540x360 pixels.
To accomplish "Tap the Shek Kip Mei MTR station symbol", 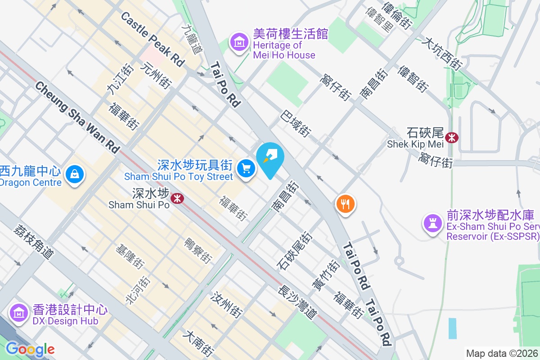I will click(x=451, y=137).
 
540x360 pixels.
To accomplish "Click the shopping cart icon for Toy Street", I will click(x=246, y=169).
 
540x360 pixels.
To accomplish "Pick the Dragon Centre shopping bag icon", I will click(x=75, y=174).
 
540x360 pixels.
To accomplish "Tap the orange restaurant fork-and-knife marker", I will click(x=345, y=204).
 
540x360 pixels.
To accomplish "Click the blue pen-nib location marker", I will click(x=270, y=157).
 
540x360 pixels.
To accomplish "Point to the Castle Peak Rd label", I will click(x=153, y=40).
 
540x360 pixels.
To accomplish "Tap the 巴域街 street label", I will click(x=296, y=123).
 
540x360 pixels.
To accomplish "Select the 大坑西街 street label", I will click(x=442, y=53).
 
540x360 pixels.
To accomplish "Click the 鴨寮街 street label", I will click(x=198, y=250).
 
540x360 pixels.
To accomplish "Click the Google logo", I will click(x=30, y=349).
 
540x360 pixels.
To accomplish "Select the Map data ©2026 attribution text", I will click(x=502, y=354).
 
